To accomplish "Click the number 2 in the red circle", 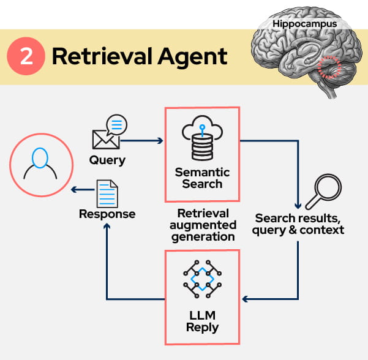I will pos(26,57).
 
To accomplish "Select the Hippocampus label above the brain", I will pos(305,24).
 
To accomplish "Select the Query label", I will pos(107,160).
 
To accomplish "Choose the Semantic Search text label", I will pos(202,178).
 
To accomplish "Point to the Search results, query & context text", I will pos(299,224).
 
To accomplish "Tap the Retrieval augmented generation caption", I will pos(203,225).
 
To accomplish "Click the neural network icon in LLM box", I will pos(202,280).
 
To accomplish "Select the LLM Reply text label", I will pos(202,321).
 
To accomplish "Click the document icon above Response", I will pos(107,193).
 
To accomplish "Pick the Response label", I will pos(107,214).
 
